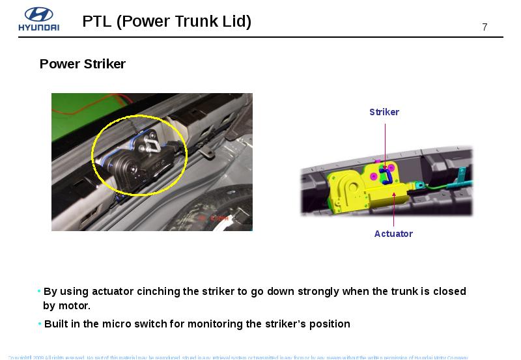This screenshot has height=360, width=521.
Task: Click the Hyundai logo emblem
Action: click(38, 14)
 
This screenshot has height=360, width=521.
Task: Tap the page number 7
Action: click(485, 27)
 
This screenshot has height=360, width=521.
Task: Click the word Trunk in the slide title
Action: click(180, 21)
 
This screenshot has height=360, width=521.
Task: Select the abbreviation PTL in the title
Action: click(98, 21)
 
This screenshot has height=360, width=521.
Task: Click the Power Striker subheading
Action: click(82, 64)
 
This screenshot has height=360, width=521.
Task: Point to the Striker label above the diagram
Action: click(384, 112)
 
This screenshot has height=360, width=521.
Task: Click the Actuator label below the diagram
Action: click(393, 234)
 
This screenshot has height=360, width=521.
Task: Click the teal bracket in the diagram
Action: click(463, 175)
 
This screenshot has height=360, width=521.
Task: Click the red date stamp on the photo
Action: click(214, 219)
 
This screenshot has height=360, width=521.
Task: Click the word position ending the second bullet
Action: click(330, 324)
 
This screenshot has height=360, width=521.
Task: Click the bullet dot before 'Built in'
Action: click(39, 324)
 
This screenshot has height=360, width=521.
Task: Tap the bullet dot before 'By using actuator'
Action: click(39, 291)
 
